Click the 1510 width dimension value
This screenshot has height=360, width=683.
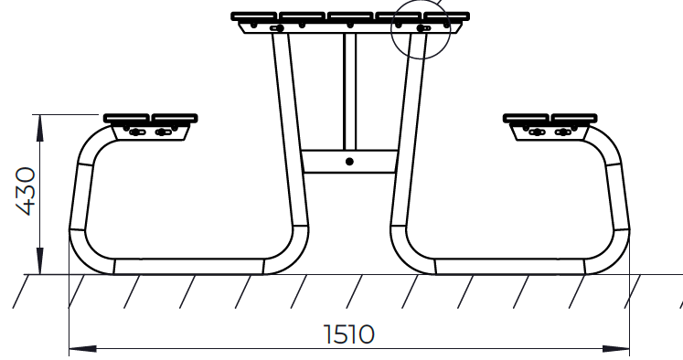(349, 334)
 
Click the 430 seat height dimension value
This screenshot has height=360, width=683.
(26, 191)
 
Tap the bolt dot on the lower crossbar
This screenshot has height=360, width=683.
(349, 162)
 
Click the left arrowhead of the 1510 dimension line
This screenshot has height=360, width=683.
(83, 349)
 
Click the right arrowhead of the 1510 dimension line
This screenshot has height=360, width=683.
(616, 349)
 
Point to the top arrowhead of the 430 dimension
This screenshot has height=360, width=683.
(39, 129)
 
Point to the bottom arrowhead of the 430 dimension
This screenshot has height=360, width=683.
(39, 261)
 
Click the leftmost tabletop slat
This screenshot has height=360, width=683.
(254, 16)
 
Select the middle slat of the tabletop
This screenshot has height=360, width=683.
(350, 16)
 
